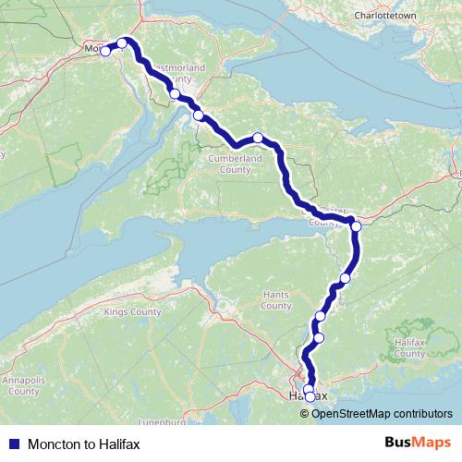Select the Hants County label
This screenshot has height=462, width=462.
point(275,300)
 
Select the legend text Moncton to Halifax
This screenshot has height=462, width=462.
point(84,444)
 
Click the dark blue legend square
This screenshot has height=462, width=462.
point(15,444)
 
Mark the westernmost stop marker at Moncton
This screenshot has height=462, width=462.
point(105,51)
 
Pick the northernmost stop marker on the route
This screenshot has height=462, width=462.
point(122,43)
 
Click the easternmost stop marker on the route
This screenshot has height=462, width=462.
point(356,225)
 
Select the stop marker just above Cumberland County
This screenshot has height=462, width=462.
point(259,138)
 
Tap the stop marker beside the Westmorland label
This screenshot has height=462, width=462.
point(175,93)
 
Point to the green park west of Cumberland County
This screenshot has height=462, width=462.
point(170,167)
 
